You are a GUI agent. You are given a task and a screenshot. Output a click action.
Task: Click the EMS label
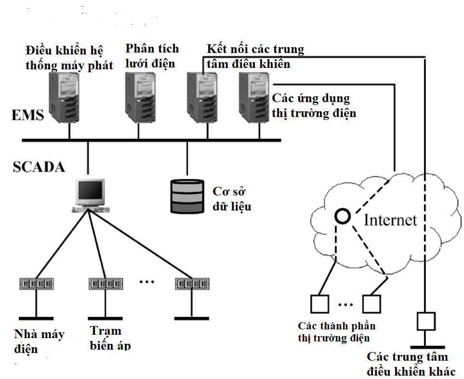[x=28, y=116]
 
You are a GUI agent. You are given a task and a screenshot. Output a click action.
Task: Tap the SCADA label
[x=39, y=167]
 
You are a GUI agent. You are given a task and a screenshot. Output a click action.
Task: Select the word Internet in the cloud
[x=390, y=220]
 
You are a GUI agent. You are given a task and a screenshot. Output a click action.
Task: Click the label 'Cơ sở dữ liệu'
[x=232, y=198]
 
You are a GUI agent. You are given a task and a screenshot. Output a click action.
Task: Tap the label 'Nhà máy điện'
[x=39, y=340]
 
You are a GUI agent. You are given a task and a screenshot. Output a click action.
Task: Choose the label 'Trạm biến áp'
[x=110, y=338]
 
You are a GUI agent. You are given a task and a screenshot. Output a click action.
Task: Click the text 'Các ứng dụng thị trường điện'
[x=314, y=106]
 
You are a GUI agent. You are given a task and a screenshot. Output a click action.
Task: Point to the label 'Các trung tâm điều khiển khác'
[x=408, y=364]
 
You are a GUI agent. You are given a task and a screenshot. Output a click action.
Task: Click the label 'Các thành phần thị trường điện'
[x=336, y=332]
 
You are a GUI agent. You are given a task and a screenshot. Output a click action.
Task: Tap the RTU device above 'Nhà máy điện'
[x=36, y=283]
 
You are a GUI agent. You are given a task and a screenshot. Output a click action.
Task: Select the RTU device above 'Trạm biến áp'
[x=105, y=283]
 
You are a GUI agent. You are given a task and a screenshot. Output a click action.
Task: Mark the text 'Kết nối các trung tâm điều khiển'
[x=255, y=56]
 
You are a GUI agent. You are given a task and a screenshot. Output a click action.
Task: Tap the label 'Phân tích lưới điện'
[x=151, y=55]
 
